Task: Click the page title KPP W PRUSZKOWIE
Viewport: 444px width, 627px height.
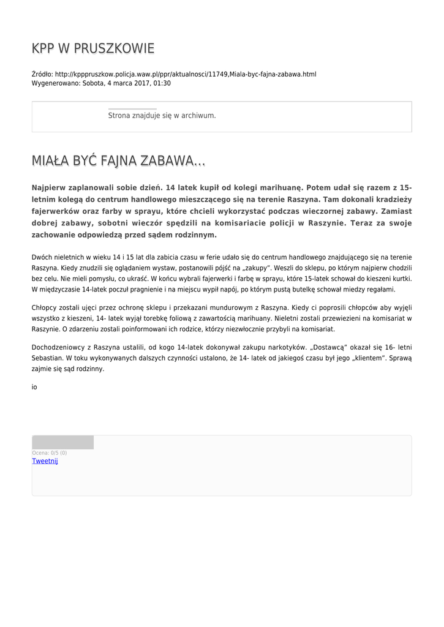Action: tap(93, 48)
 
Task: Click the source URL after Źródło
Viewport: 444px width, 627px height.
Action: tap(186, 74)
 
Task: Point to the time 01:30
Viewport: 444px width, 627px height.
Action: tap(162, 83)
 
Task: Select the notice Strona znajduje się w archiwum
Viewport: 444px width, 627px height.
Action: tap(162, 115)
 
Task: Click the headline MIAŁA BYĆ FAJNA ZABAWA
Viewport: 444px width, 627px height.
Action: tap(118, 161)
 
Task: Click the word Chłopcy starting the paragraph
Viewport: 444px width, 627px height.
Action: tap(45, 307)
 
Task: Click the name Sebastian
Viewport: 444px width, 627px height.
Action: tap(47, 358)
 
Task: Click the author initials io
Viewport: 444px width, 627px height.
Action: tap(34, 387)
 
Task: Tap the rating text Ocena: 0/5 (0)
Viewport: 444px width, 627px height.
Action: tap(50, 453)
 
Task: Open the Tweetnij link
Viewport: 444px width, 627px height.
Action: tap(45, 461)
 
